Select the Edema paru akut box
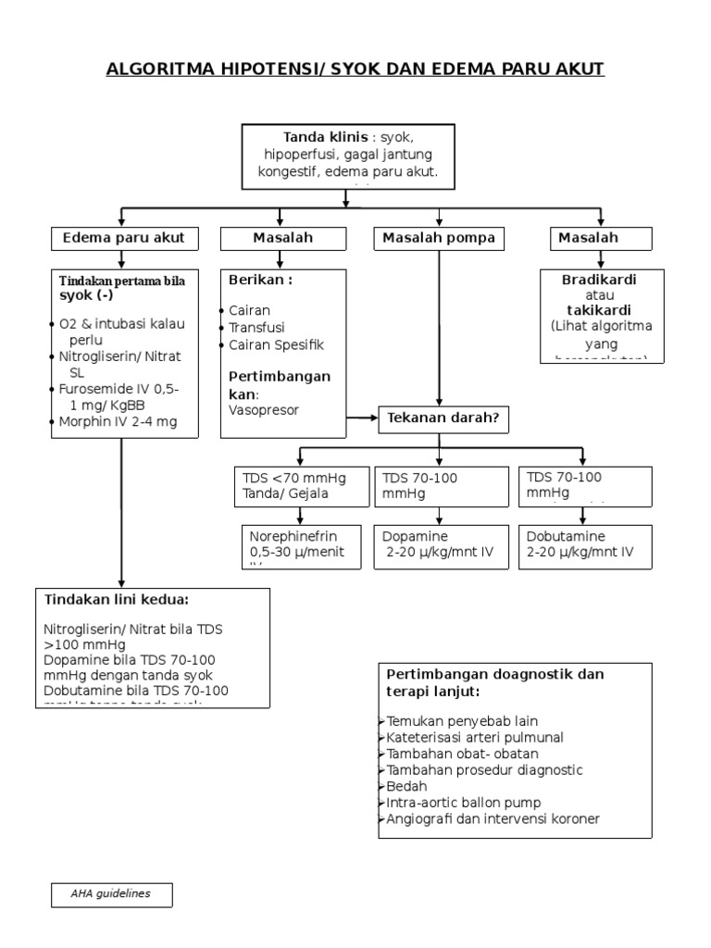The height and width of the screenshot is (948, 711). click(123, 239)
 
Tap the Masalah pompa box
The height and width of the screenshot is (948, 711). click(439, 239)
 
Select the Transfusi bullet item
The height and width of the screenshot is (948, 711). click(256, 328)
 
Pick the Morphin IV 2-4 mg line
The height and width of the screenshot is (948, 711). click(117, 422)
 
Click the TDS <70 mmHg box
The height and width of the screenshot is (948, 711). click(294, 486)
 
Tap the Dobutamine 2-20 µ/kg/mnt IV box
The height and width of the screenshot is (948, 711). click(583, 544)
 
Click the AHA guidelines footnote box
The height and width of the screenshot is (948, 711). click(111, 894)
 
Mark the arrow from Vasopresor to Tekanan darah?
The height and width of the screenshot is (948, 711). click(363, 418)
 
